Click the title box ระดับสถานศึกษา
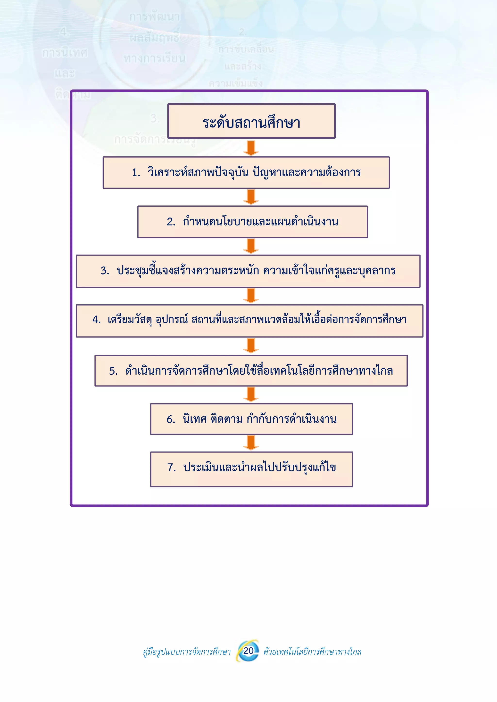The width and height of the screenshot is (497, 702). pyautogui.click(x=251, y=121)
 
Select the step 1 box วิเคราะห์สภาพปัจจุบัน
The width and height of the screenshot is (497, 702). pyautogui.click(x=246, y=173)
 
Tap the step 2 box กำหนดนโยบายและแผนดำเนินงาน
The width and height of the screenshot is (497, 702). pyautogui.click(x=252, y=222)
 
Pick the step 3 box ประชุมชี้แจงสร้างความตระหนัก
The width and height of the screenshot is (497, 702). pyautogui.click(x=248, y=271)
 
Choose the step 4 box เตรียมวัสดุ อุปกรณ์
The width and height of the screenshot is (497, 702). pyautogui.click(x=249, y=321)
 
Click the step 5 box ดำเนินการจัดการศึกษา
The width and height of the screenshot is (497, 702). pyautogui.click(x=251, y=371)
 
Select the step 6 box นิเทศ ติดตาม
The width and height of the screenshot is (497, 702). pyautogui.click(x=251, y=419)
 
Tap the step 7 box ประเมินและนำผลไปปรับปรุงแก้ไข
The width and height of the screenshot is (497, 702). pyautogui.click(x=251, y=469)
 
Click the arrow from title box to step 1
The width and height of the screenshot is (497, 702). pyautogui.click(x=251, y=148)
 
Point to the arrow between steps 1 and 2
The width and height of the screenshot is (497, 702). pyautogui.click(x=251, y=197)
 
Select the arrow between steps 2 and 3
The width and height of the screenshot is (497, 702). pyautogui.click(x=251, y=246)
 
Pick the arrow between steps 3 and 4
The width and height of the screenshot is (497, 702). pyautogui.click(x=251, y=296)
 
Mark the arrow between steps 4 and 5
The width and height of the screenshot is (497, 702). pyautogui.click(x=251, y=346)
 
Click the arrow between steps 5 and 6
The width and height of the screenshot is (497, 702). pyautogui.click(x=251, y=395)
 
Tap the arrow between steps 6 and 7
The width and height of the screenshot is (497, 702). pyautogui.click(x=251, y=443)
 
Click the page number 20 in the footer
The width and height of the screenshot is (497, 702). pyautogui.click(x=248, y=650)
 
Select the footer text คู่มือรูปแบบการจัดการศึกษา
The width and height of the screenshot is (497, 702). pyautogui.click(x=187, y=652)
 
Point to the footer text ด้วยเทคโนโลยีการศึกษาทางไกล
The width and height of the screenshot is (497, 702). pyautogui.click(x=312, y=652)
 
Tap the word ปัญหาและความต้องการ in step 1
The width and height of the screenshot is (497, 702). pyautogui.click(x=307, y=173)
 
